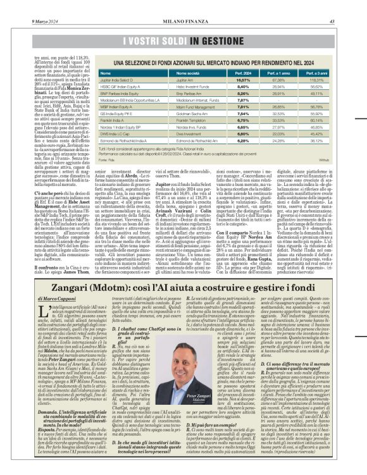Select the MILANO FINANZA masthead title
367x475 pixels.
coord(183,5)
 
